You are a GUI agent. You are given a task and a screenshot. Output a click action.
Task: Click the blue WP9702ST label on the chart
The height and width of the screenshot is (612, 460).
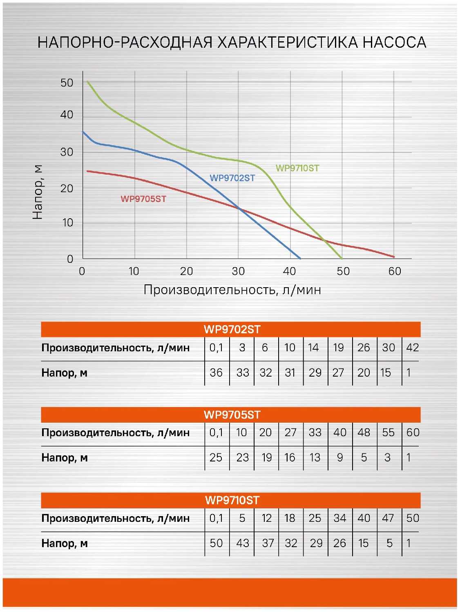tap(232, 178)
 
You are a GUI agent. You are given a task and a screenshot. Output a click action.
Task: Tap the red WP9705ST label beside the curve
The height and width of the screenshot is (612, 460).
tap(143, 199)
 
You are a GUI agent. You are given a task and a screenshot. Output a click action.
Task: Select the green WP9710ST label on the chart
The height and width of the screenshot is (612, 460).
tap(297, 168)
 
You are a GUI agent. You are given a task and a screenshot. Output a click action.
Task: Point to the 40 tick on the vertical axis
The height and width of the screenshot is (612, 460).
tap(67, 115)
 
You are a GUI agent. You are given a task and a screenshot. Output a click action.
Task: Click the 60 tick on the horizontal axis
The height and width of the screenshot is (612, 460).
tap(395, 271)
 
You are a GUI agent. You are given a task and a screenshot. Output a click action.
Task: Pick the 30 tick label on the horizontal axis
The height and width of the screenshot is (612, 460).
tap(238, 271)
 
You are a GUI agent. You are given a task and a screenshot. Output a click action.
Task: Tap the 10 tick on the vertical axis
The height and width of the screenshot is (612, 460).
tap(67, 223)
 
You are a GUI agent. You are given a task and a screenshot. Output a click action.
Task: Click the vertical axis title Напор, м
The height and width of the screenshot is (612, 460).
tap(38, 192)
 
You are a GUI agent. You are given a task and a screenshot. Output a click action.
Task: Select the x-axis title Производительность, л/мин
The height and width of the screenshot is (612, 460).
tap(232, 290)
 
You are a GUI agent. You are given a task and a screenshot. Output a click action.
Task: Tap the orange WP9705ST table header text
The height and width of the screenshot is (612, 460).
tap(232, 415)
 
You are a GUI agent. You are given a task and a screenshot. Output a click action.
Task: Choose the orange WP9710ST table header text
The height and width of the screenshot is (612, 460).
tap(232, 500)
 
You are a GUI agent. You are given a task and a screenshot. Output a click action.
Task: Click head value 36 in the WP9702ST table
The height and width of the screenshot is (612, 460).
tap(216, 373)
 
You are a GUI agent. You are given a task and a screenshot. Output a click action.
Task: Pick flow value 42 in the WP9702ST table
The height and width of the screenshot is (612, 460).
tap(412, 348)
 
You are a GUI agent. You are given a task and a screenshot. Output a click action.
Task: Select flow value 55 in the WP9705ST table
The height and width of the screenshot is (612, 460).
tap(388, 432)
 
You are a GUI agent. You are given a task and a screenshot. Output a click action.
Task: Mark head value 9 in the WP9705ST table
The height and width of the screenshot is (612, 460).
tap(340, 458)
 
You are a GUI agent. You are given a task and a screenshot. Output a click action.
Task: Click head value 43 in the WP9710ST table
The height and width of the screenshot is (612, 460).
tap(243, 543)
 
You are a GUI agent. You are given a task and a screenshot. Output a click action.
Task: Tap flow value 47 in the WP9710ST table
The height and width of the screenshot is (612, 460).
tap(388, 518)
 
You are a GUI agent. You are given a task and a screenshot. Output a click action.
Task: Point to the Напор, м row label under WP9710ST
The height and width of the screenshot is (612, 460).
tap(65, 543)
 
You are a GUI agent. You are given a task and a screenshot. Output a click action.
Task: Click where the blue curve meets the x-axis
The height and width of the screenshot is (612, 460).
tap(300, 258)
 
